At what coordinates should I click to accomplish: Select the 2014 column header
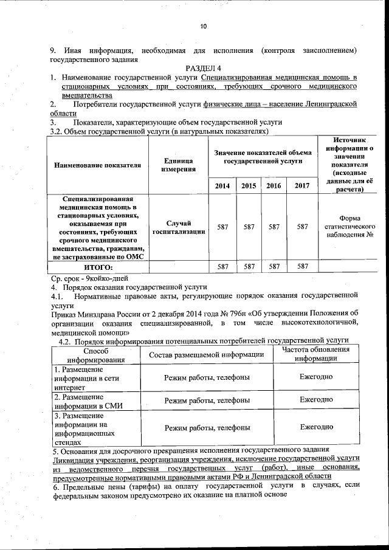click(x=222, y=186)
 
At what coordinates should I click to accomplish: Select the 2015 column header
click(x=248, y=186)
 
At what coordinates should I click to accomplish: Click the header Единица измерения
click(x=177, y=165)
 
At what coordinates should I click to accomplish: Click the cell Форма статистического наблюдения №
click(x=349, y=226)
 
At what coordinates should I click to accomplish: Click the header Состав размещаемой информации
click(x=206, y=354)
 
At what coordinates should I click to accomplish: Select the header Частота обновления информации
click(x=316, y=354)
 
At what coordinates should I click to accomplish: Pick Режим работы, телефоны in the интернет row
click(x=206, y=377)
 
